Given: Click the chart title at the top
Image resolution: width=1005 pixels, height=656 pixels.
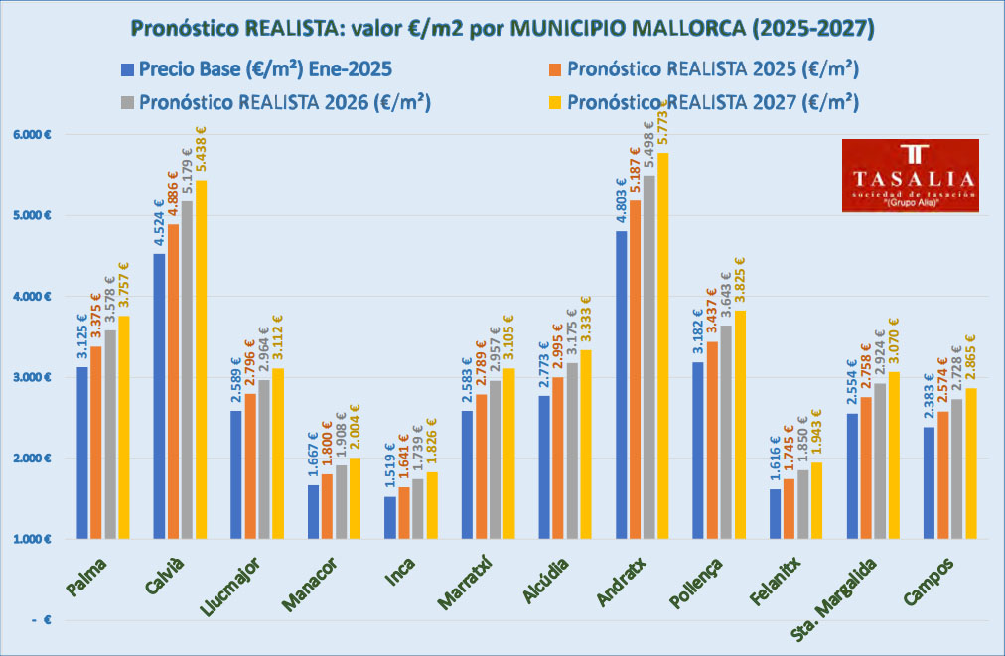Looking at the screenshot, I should (x=502, y=27).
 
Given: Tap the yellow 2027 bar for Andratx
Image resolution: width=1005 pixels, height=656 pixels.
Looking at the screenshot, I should (x=663, y=346).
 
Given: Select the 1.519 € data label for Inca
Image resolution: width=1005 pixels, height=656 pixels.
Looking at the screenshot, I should (x=390, y=466).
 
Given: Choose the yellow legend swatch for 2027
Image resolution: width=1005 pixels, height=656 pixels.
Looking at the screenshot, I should (x=556, y=102).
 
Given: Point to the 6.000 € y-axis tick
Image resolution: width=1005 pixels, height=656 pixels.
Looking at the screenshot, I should (x=31, y=134).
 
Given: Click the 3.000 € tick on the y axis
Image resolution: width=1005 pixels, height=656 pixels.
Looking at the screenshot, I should (x=31, y=377).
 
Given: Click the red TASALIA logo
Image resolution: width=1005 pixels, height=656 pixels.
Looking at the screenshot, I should (x=911, y=175).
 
